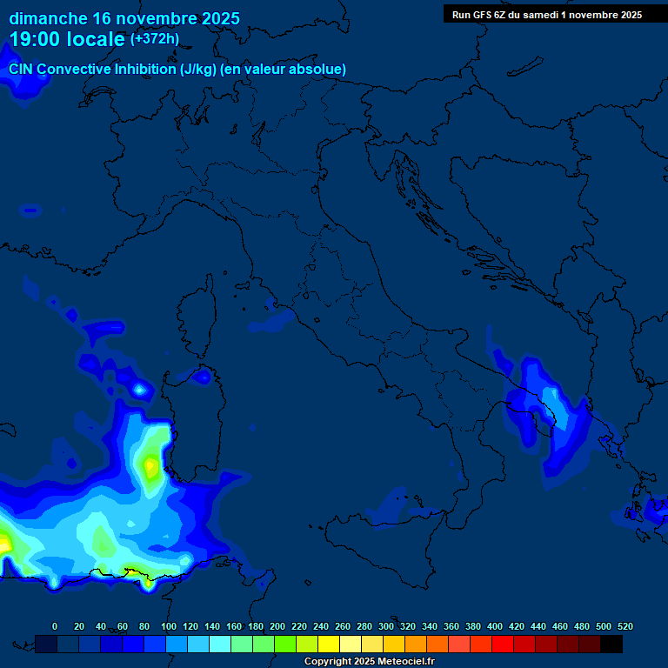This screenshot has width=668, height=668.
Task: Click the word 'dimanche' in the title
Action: [x=47, y=18]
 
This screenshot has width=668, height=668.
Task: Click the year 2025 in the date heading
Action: [x=217, y=18]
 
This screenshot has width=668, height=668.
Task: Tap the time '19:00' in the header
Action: [x=37, y=39]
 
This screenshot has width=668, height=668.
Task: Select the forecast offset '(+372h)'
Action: [x=154, y=39]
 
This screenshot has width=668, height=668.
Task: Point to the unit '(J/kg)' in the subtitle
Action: [x=198, y=69]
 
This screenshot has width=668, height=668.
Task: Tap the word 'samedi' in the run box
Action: [x=538, y=15]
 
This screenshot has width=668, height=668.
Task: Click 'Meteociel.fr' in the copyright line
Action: [x=400, y=662]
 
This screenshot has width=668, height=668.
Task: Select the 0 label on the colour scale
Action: [x=55, y=626]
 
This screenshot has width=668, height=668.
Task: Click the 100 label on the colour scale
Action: [x=169, y=626]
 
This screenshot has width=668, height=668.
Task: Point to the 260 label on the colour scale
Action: [x=343, y=626]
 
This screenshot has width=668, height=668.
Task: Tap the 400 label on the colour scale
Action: [x=495, y=626]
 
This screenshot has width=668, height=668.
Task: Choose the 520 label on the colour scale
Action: [x=625, y=626]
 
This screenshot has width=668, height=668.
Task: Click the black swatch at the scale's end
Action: [x=611, y=645]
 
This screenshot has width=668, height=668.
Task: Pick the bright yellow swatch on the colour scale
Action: [x=329, y=645]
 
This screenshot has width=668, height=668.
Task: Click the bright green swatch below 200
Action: [x=285, y=645]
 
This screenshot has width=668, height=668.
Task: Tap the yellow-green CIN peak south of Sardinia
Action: [x=150, y=466]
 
